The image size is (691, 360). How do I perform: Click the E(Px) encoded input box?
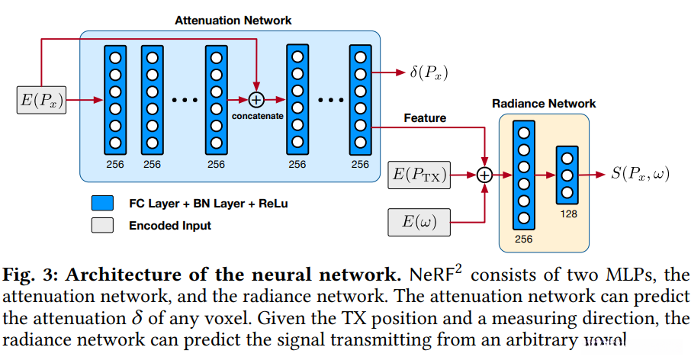click(41, 101)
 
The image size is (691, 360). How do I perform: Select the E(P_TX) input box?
click(419, 175)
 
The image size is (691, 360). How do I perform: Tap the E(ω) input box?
click(419, 222)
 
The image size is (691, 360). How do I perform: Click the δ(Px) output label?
click(429, 73)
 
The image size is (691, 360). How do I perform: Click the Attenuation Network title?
click(233, 20)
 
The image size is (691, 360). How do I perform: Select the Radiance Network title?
click(544, 103)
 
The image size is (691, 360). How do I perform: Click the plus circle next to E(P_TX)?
click(484, 175)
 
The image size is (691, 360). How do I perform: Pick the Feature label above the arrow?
click(425, 118)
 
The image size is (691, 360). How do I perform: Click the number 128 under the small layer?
click(567, 214)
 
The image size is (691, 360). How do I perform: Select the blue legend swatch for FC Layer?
click(101, 204)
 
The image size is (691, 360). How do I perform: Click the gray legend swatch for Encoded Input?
click(101, 225)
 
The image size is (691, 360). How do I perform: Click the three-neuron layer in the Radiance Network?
click(567, 175)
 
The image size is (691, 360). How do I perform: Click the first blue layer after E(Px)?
click(115, 100)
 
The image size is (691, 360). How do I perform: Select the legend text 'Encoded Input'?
click(170, 225)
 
